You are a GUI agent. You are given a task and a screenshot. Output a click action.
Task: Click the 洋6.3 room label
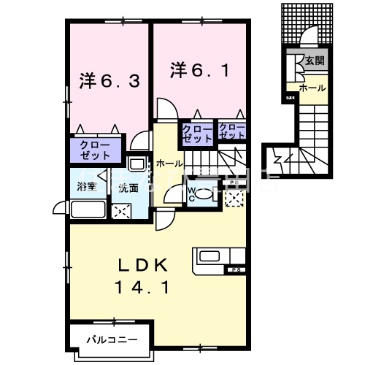coord(105,80)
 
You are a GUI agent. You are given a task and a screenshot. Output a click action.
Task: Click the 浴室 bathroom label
coord(86,187)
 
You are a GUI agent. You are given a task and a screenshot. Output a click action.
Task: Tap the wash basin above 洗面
coord(136,164)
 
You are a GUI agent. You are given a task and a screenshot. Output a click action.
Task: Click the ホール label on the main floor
coord(169,164)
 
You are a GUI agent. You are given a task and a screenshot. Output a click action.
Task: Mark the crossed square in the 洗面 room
coord(120,211)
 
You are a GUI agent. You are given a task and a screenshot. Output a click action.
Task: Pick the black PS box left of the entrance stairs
coord(290,98)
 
